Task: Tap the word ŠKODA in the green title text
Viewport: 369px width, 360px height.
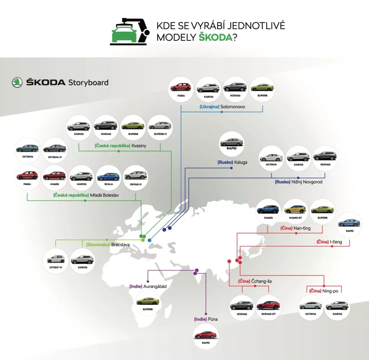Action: [x=215, y=37]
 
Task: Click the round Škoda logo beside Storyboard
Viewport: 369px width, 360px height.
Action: [x=17, y=82]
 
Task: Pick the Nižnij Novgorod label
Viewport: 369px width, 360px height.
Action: [x=298, y=182]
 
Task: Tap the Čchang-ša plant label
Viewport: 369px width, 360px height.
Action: [x=255, y=281]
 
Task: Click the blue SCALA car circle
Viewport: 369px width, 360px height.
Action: [x=108, y=178]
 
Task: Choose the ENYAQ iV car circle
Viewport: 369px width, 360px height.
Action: [x=135, y=178]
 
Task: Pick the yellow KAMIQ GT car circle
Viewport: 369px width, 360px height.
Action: [x=295, y=211]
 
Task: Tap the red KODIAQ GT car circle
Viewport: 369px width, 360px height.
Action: [x=268, y=307]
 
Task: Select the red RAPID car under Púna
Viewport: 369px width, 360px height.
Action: [x=206, y=336]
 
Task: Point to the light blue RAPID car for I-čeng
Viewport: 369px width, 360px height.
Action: [x=349, y=224]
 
